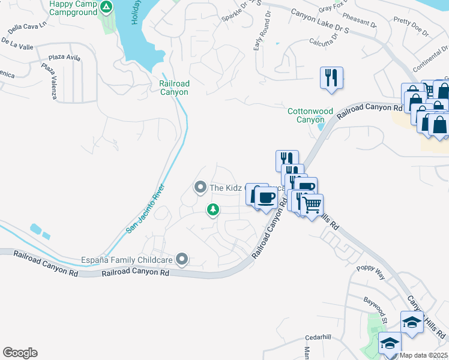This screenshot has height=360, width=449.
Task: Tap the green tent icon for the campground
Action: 106,7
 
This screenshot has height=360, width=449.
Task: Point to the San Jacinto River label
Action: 145,209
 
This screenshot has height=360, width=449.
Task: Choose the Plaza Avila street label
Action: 65,58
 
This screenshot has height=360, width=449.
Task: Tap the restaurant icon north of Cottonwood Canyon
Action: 331,78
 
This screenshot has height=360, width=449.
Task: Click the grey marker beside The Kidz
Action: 200,188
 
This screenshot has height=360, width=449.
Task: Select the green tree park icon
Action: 211,209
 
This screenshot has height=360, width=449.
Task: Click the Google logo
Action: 20,353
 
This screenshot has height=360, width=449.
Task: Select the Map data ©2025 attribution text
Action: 423,355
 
